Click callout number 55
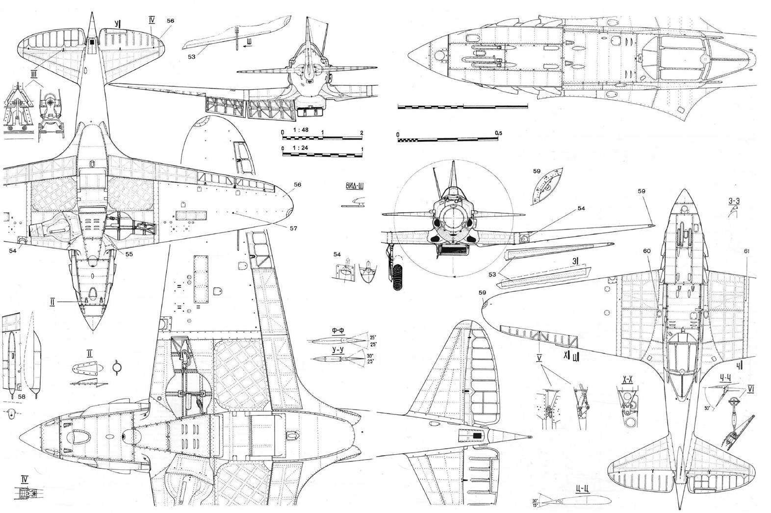coord(129,254)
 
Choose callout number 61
coord(746,251)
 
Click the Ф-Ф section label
coord(337,330)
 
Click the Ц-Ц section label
coord(582,488)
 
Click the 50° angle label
coord(708,408)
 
